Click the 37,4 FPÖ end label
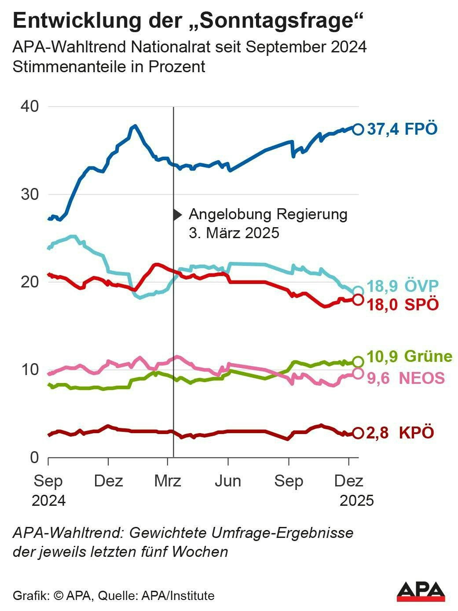click(x=402, y=129)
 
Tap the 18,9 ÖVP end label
click(x=402, y=286)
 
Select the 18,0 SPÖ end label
click(x=402, y=305)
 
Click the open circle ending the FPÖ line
click(x=358, y=129)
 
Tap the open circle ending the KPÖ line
click(x=358, y=433)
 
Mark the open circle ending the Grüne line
click(x=358, y=362)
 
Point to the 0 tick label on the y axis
click(x=35, y=458)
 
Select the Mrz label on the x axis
click(x=168, y=481)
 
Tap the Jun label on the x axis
click(x=228, y=481)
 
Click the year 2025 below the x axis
click(x=356, y=501)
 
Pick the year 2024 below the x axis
click(x=48, y=501)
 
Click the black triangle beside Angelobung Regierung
click(x=177, y=215)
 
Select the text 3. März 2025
click(x=234, y=232)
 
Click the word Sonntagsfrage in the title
click(x=272, y=21)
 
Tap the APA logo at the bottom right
click(x=421, y=592)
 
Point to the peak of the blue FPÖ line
click(x=135, y=126)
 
